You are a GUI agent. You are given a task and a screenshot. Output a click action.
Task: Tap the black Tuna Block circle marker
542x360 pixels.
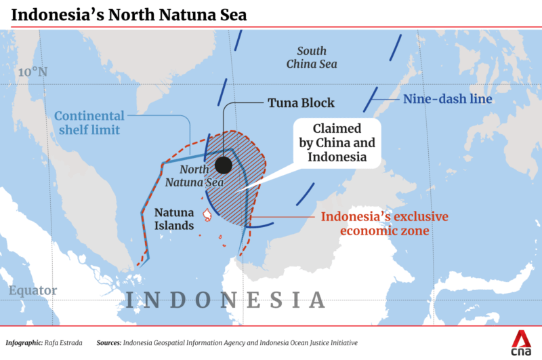tap(223, 165)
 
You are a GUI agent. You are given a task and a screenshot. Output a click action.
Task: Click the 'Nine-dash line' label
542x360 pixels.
tap(447, 99)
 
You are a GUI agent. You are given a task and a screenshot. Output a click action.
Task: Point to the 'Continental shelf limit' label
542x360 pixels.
tap(89, 123)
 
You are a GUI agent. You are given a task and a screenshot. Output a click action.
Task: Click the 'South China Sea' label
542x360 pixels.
tap(312, 58)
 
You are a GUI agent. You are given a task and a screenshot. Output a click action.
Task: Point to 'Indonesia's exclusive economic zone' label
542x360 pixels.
tap(384, 224)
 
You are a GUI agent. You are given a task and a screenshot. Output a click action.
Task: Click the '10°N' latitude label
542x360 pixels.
tap(33, 72)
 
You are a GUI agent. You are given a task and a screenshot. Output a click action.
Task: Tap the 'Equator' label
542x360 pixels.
tap(33, 291)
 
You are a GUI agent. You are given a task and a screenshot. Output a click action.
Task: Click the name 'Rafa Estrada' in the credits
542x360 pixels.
tap(70, 343)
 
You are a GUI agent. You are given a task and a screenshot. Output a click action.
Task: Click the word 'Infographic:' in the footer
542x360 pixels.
tap(26, 343)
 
